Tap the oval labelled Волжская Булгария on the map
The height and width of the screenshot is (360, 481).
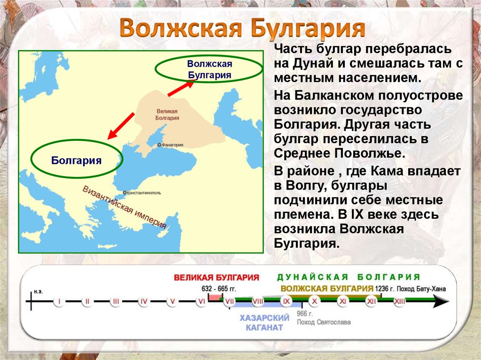(x=209, y=69)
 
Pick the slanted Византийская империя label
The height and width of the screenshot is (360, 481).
(x=124, y=207)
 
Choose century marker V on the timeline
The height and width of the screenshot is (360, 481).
(x=172, y=301)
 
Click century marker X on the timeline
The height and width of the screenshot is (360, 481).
(x=315, y=301)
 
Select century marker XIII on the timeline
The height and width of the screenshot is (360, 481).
(x=400, y=301)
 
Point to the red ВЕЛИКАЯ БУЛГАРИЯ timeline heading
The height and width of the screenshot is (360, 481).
(x=217, y=277)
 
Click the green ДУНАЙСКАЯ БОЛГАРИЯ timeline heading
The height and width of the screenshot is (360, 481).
(x=348, y=277)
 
